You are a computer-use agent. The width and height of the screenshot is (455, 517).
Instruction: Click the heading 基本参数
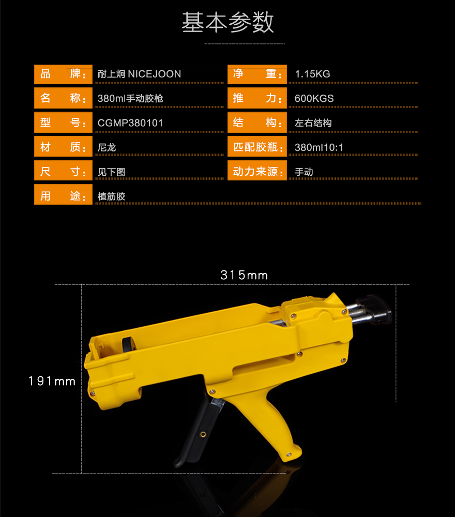click(x=228, y=22)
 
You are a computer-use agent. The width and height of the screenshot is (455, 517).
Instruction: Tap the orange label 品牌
click(x=63, y=74)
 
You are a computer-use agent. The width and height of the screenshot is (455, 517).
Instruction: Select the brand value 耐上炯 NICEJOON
click(x=139, y=74)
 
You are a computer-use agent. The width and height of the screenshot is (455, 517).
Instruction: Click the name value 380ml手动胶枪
click(x=130, y=98)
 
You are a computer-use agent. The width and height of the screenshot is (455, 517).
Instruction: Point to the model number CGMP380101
click(x=130, y=123)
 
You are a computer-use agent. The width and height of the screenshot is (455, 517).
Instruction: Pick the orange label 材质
click(x=63, y=147)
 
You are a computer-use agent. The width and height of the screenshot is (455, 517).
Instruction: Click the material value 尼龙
click(x=107, y=147)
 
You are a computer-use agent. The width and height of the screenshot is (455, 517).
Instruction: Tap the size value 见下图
click(x=112, y=172)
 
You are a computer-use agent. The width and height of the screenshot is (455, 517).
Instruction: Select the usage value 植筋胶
click(x=112, y=196)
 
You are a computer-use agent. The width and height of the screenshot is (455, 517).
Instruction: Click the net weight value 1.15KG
click(x=313, y=74)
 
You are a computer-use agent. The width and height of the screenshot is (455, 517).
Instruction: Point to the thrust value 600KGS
click(x=314, y=98)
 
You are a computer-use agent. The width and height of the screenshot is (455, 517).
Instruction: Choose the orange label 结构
click(x=257, y=123)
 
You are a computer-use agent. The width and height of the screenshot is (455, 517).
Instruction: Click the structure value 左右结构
click(x=313, y=123)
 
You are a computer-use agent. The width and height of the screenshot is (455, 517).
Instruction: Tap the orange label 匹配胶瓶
click(x=257, y=147)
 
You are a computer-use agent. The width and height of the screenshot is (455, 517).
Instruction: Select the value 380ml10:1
click(x=319, y=147)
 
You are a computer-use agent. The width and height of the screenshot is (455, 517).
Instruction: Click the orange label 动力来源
click(x=257, y=171)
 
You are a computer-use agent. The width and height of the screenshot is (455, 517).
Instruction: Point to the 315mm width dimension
click(x=244, y=275)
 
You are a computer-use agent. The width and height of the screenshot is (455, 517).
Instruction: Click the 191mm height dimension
click(x=52, y=381)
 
